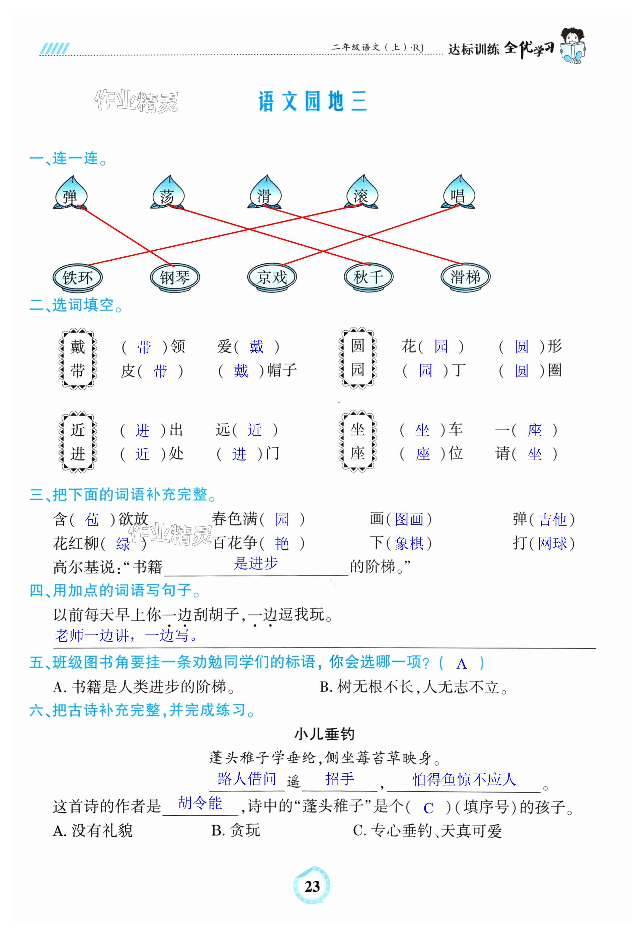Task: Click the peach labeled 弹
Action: tap(71, 194)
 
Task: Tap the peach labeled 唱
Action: tap(459, 194)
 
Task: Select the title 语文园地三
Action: tap(312, 101)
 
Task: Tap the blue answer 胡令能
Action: tap(200, 803)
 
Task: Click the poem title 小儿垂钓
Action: tap(324, 734)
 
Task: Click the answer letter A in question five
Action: tap(461, 664)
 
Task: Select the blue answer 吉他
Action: tap(552, 520)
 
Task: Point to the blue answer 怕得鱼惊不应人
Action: tap(464, 780)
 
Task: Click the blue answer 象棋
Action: tap(409, 544)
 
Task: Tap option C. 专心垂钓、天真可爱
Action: tap(427, 831)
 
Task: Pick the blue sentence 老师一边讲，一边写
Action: tap(126, 635)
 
